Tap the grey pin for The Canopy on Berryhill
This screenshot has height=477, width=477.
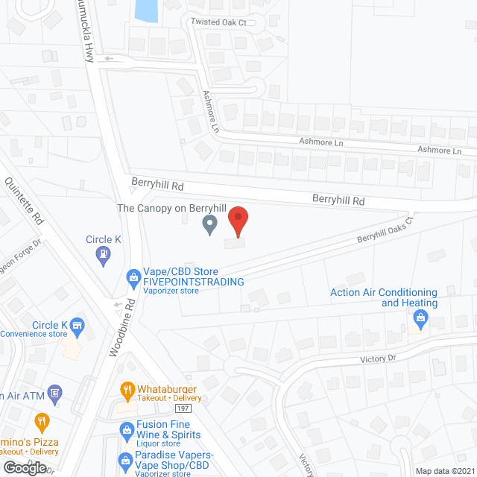click(x=210, y=224)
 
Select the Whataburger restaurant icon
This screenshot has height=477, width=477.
click(x=127, y=389)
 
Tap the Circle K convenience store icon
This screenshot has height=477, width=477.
click(x=77, y=325)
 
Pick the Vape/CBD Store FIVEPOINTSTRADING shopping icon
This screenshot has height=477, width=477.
click(x=133, y=277)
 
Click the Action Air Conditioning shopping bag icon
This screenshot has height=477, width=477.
click(x=420, y=318)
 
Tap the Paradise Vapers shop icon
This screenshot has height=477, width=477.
click(x=125, y=460)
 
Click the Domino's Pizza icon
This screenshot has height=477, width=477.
click(x=41, y=421)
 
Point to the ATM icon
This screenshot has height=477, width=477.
click(x=54, y=392)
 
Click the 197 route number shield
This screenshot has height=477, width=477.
click(x=184, y=408)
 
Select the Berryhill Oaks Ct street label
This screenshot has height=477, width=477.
click(x=384, y=233)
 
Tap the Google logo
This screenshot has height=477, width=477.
click(x=24, y=468)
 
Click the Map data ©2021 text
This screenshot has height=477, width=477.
click(x=444, y=471)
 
